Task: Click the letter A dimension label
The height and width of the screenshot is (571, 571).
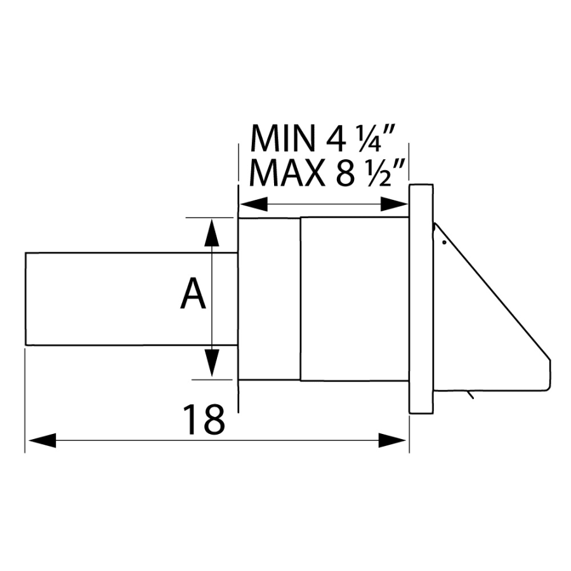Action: pyautogui.click(x=194, y=296)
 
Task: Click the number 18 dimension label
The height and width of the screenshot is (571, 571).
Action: pyautogui.click(x=204, y=419)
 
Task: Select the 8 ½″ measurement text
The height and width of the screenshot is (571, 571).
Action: pyautogui.click(x=371, y=173)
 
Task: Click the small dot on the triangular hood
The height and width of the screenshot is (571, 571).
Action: pyautogui.click(x=445, y=242)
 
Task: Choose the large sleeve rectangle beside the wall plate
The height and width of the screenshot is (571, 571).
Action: pyautogui.click(x=354, y=299)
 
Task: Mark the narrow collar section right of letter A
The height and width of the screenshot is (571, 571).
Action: pyautogui.click(x=268, y=299)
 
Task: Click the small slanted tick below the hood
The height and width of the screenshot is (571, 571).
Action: pyautogui.click(x=469, y=396)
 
